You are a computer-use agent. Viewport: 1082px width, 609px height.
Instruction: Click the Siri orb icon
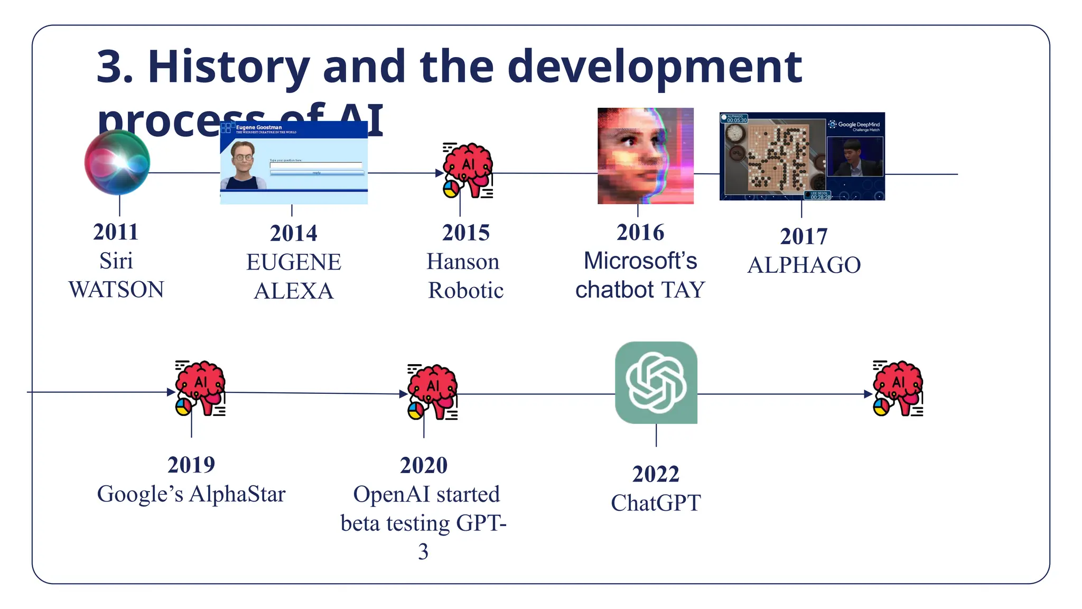click(x=117, y=162)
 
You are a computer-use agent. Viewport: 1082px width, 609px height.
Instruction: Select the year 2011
click(x=116, y=232)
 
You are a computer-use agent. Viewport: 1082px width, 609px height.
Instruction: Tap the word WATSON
click(x=116, y=290)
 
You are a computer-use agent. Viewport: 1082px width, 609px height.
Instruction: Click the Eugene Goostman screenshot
click(x=294, y=163)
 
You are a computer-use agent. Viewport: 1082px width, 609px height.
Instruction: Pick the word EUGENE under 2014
click(x=294, y=262)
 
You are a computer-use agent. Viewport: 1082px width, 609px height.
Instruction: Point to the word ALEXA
click(x=294, y=291)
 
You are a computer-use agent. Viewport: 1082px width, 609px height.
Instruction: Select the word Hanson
click(x=463, y=262)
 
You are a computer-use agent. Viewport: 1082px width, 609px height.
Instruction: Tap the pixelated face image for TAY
click(x=645, y=156)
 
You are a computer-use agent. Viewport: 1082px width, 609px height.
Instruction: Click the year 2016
click(x=640, y=233)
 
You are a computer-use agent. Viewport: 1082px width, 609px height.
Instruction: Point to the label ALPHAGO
click(x=804, y=265)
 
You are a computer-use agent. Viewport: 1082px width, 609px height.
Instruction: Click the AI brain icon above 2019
click(x=200, y=388)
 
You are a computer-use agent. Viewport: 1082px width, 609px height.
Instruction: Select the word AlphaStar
click(x=237, y=494)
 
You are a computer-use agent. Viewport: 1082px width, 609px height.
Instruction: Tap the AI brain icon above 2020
click(x=433, y=392)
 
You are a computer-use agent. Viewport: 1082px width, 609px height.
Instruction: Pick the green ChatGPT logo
click(x=656, y=383)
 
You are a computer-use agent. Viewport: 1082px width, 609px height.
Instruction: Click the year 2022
click(x=656, y=474)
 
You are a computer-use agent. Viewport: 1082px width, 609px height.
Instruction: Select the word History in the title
click(x=229, y=67)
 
